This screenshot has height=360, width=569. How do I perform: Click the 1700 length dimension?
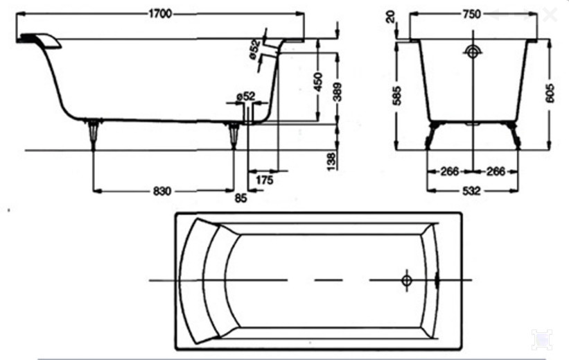(160, 14)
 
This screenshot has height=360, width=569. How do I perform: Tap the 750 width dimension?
(471, 14)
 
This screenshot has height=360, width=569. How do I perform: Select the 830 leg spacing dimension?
(162, 191)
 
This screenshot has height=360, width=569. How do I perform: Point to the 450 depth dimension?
(317, 83)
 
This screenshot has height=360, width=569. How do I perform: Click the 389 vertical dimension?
(337, 92)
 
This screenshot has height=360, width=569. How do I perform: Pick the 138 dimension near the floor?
(332, 162)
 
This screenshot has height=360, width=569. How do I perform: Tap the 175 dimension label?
(264, 180)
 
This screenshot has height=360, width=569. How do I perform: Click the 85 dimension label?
(241, 198)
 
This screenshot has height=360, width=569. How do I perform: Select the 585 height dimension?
(397, 96)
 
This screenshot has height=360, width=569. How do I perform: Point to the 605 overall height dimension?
(550, 94)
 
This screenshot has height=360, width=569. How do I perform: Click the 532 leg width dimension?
(471, 191)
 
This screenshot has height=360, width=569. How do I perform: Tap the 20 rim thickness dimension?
(390, 17)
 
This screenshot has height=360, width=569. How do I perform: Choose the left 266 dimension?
(450, 171)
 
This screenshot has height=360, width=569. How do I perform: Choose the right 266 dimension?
(496, 171)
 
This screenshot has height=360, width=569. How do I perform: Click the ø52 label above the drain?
(245, 96)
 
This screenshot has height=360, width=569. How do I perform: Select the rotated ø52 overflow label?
(254, 49)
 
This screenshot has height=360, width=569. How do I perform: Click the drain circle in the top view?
(406, 280)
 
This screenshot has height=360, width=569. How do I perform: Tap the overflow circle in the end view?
(472, 53)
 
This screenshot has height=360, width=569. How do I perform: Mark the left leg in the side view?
(94, 133)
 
